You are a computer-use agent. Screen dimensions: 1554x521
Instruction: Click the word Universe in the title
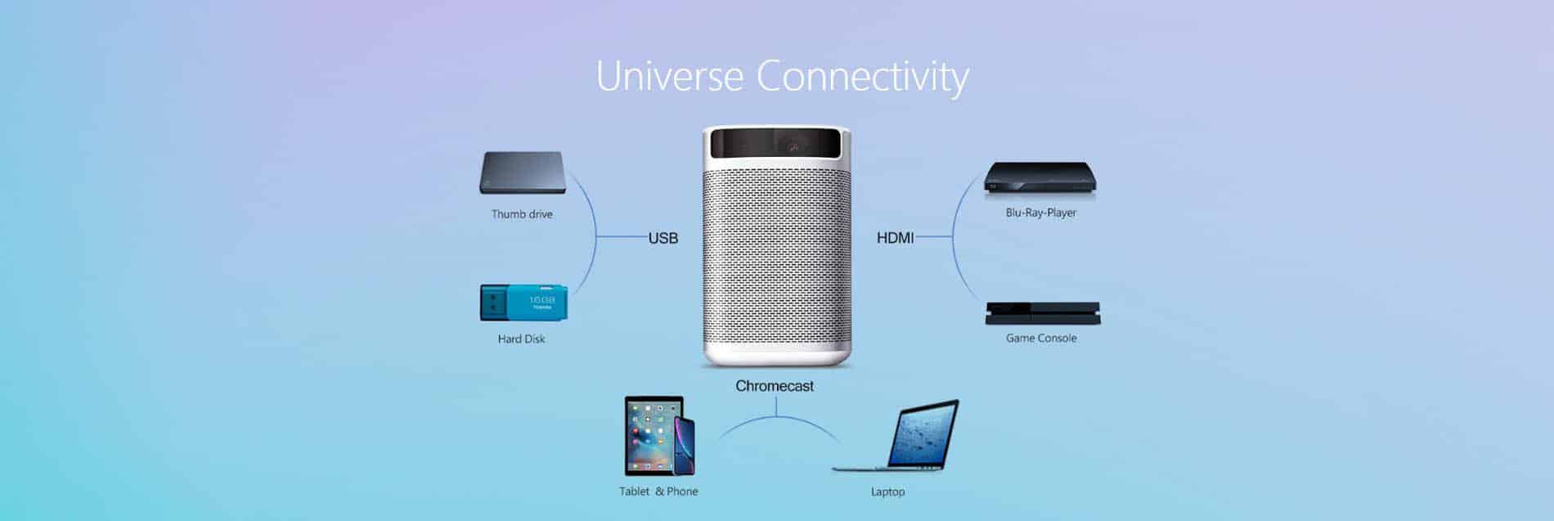669,76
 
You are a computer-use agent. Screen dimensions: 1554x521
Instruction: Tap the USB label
663,238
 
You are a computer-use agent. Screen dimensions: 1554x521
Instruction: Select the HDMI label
896,238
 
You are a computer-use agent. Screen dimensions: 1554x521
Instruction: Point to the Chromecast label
775,386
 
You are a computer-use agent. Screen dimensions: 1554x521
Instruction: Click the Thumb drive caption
522,214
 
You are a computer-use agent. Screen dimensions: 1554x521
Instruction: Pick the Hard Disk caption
521,339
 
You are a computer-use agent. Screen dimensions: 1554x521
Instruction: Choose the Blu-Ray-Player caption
1040,213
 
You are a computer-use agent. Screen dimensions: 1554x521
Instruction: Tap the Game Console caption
1041,338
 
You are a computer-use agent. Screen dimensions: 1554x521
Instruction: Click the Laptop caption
887,492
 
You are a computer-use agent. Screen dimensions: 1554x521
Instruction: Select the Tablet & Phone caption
658,492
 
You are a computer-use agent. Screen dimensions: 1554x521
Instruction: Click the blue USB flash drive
523,303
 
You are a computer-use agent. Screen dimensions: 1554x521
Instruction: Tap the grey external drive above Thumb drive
523,173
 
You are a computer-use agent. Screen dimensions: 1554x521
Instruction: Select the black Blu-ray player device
1040,179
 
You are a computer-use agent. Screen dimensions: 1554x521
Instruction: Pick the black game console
1043,313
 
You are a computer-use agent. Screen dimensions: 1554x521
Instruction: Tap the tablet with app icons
652,436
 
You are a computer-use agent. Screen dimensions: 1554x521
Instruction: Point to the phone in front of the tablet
684,446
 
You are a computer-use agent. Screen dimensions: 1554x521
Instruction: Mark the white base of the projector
777,356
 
